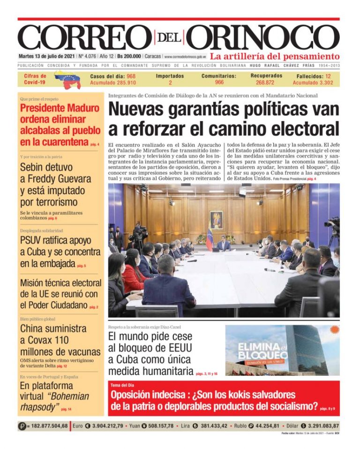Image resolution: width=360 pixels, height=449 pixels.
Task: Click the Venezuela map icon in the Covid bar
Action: tap(67, 79)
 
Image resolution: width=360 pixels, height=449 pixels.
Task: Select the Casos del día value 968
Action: tap(131, 76)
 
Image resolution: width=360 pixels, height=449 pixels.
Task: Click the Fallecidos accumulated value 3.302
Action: tap(323, 83)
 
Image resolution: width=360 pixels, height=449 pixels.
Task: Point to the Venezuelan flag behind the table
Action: tap(210, 238)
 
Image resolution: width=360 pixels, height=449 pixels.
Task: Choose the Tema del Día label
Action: tap(122, 385)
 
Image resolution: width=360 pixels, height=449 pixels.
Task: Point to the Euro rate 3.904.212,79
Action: tap(104, 426)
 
